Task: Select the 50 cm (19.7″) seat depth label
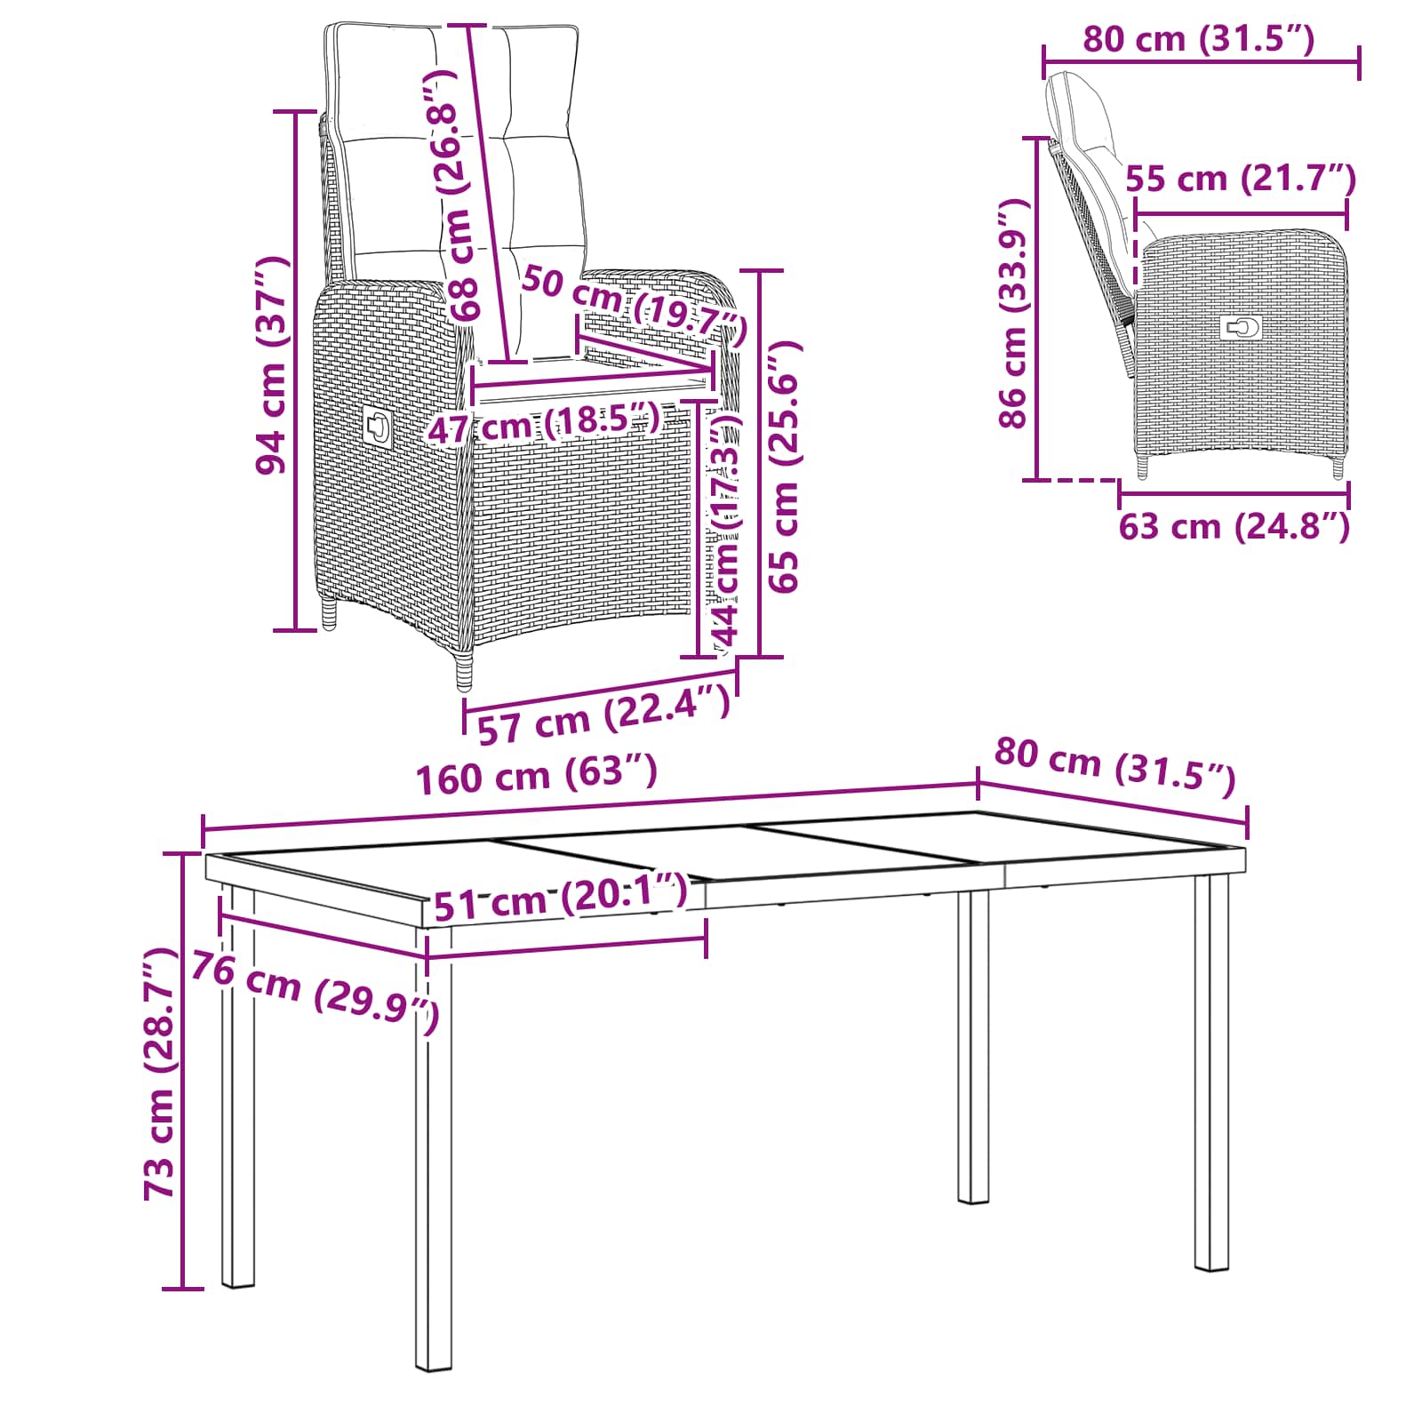tap(634, 304)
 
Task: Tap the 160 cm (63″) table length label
tap(538, 773)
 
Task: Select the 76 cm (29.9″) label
tap(316, 993)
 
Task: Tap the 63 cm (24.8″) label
tap(1234, 526)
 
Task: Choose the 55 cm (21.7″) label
tap(1241, 179)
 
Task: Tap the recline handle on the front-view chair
tap(377, 426)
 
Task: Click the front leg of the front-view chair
tap(465, 672)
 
